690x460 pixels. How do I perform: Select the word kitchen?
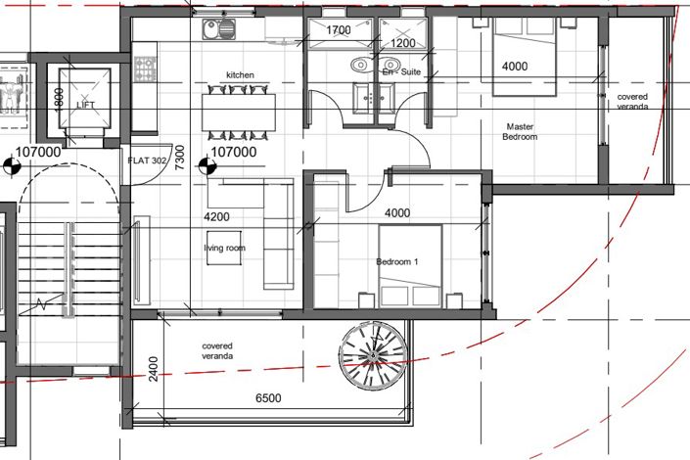pyautogui.click(x=240, y=74)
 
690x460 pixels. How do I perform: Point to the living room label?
pyautogui.click(x=224, y=248)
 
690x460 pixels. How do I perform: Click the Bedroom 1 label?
pyautogui.click(x=397, y=262)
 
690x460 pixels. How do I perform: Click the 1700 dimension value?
pyautogui.click(x=338, y=31)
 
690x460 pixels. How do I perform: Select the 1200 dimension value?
pyautogui.click(x=402, y=45)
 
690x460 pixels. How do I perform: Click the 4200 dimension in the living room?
pyautogui.click(x=216, y=216)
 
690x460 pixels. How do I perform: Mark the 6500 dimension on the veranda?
pyautogui.click(x=269, y=399)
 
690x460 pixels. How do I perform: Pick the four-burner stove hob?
pyautogui.click(x=145, y=69)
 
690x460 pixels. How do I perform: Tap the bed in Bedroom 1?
pyautogui.click(x=410, y=265)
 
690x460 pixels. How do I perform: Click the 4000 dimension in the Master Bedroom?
pyautogui.click(x=515, y=67)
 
